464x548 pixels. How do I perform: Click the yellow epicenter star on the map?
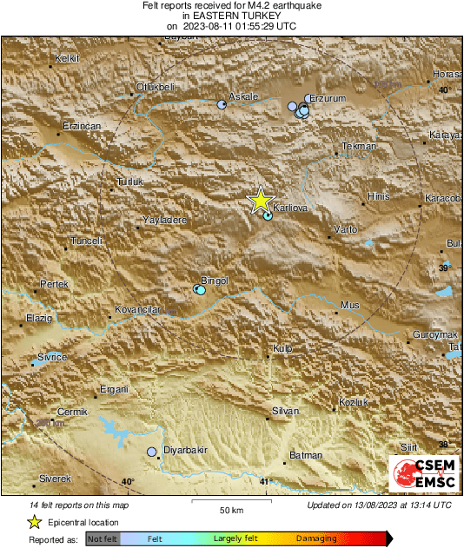coord(260,201)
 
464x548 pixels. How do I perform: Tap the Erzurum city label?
coord(328,99)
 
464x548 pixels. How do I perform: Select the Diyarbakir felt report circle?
coord(152,452)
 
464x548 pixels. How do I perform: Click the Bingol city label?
coord(213,281)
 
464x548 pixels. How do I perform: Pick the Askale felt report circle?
coord(222,104)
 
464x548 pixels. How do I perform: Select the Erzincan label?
coord(83,127)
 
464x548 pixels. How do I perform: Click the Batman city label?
coord(305,455)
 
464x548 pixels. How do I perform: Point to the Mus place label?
coord(349,305)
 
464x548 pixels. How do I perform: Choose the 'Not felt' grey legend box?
coord(103,539)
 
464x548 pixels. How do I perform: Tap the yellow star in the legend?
coord(34,522)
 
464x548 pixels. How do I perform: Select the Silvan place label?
coord(285,411)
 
